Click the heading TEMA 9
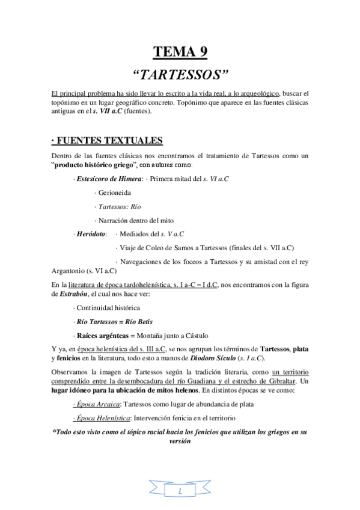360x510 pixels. [x=180, y=51]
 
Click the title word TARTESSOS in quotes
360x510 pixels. [x=180, y=75]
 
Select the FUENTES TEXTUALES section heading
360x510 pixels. [x=107, y=141]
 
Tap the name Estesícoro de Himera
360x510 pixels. [x=104, y=179]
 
